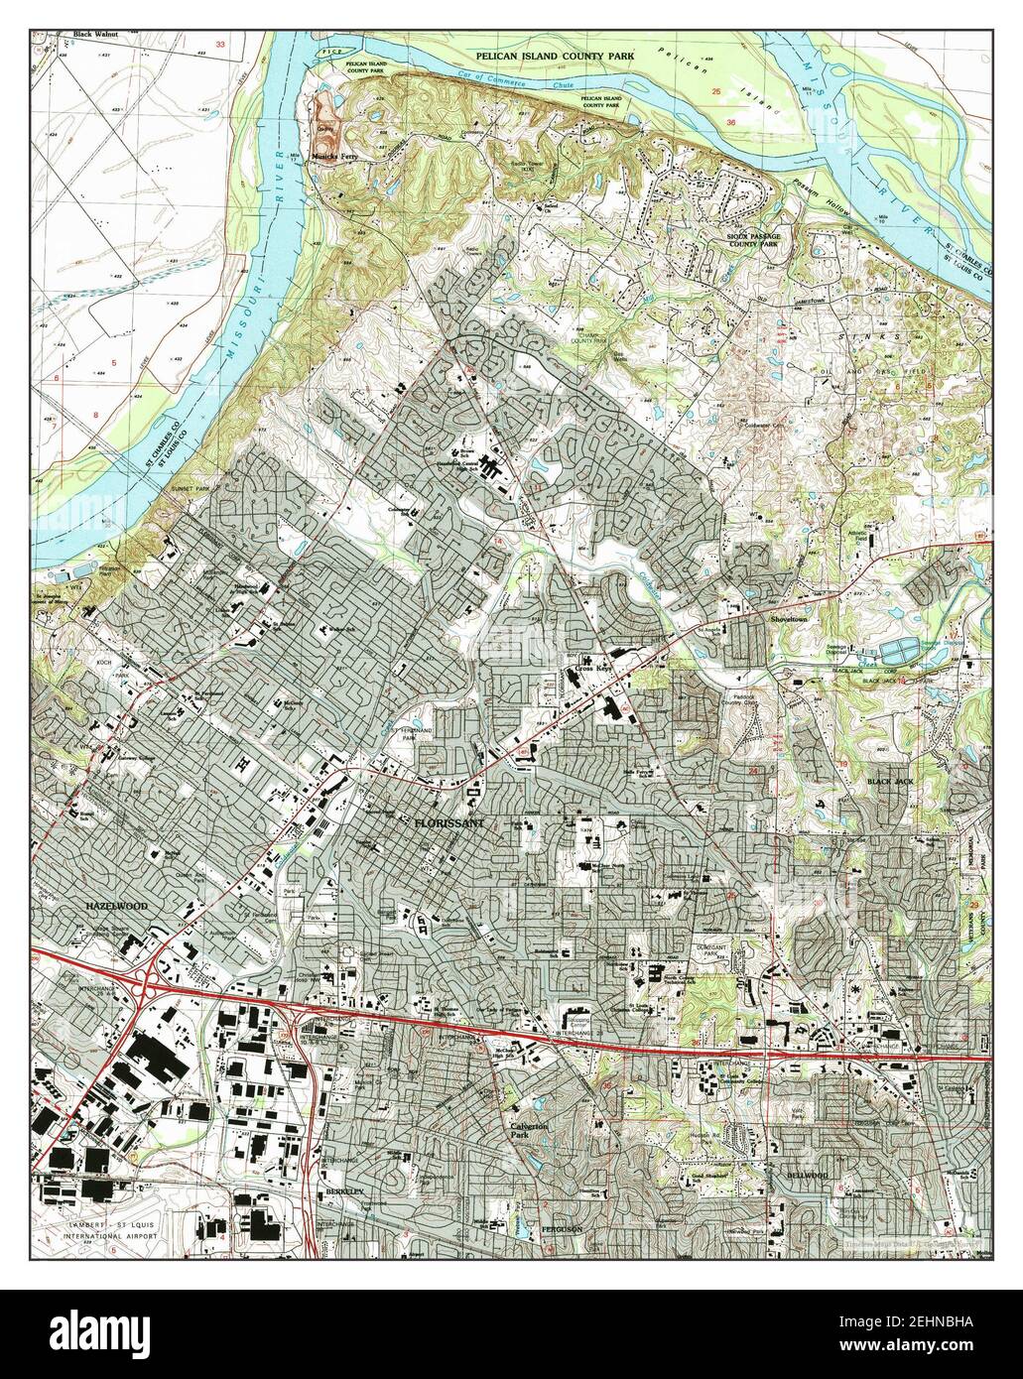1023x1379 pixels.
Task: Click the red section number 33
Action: coord(220,46)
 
